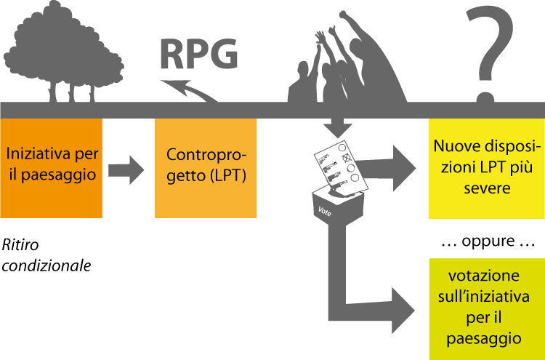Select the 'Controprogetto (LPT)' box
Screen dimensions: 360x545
[x=206, y=168]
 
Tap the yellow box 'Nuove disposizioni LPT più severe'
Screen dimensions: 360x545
[x=486, y=168]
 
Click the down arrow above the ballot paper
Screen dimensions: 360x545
[x=335, y=127]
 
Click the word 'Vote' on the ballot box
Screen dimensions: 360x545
[x=327, y=210]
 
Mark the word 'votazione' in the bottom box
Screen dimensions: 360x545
[x=484, y=276]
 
